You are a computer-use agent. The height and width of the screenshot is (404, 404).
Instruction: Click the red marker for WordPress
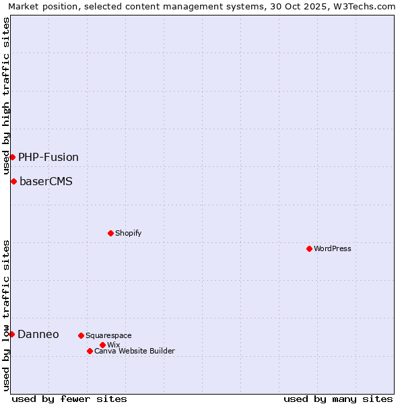[309, 248]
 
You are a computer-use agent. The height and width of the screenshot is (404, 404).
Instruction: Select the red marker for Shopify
[110, 233]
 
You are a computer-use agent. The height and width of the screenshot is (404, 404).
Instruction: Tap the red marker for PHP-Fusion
[12, 157]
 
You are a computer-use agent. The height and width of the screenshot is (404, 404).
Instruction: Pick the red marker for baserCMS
[13, 181]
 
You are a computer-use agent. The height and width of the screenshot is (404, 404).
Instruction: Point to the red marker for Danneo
[11, 334]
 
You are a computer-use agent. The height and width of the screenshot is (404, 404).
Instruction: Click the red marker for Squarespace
[81, 335]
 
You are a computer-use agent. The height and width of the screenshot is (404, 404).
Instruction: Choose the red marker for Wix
[102, 345]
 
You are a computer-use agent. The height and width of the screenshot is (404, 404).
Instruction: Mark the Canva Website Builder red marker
[90, 351]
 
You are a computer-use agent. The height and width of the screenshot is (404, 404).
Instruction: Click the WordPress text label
[333, 248]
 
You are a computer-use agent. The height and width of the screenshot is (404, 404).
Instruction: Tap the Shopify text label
[129, 233]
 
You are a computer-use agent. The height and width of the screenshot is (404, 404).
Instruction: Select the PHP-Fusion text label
[48, 157]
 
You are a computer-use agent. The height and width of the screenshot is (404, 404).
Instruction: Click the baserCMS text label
[46, 181]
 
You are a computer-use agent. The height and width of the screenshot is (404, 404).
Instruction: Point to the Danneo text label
[38, 334]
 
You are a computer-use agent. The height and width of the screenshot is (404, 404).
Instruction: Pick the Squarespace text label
[108, 335]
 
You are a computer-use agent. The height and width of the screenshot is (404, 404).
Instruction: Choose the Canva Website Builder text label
[135, 351]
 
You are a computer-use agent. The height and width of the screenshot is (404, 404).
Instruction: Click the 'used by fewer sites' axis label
[69, 399]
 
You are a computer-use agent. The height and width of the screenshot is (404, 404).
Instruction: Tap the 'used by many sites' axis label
[338, 399]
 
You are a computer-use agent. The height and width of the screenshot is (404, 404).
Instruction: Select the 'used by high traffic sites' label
[6, 96]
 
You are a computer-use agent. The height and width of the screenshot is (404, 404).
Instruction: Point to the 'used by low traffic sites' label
[6, 314]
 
